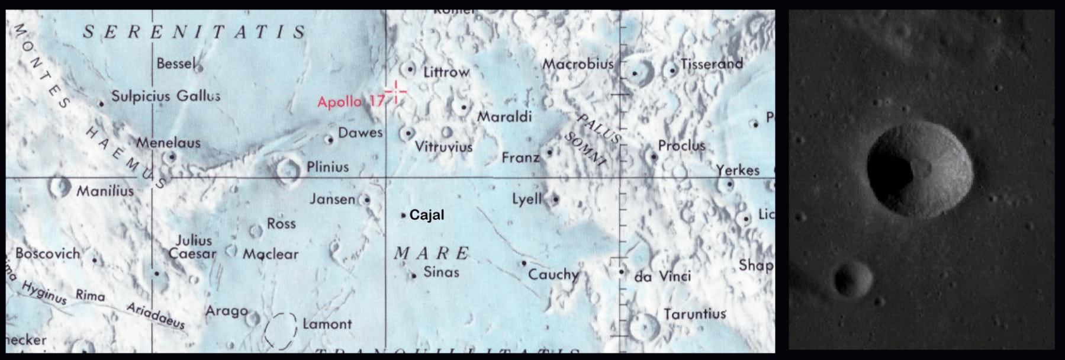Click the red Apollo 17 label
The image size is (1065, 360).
coord(350,102)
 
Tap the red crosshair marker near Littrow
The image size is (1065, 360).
coord(395,92)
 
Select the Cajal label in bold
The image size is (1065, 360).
coord(426,215)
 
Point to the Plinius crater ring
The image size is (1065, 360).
coord(288,169)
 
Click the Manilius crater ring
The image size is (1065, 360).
coord(60,187)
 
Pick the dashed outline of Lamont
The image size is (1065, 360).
coord(280,330)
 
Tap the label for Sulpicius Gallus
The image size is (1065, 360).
coord(166,96)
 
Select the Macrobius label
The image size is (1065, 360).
coord(578,64)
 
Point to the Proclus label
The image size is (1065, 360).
coord(681,146)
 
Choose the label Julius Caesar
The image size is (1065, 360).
coord(193,247)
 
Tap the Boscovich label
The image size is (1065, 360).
coord(47,253)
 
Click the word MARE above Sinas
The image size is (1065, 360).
coord(432,253)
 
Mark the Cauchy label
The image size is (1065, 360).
coord(553,274)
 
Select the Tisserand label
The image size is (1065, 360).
coord(712,64)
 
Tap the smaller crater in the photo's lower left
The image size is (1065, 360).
coord(852,279)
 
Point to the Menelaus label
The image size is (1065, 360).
coord(168,143)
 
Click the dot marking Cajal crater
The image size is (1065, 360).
coord(403,216)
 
